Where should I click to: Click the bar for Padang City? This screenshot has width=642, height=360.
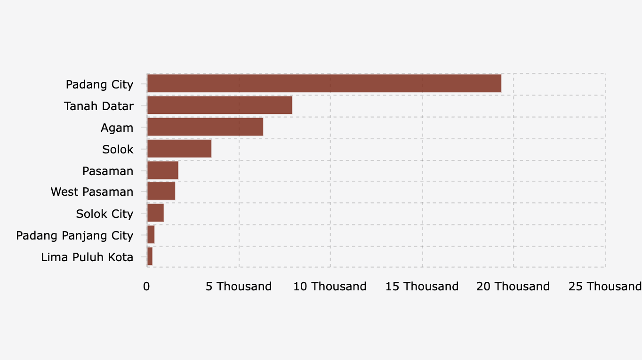pyautogui.click(x=324, y=84)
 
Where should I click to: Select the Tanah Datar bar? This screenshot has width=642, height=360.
pyautogui.click(x=219, y=105)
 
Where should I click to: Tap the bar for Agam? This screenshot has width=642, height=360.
pyautogui.click(x=205, y=127)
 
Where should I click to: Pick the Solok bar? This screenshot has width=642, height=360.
pyautogui.click(x=179, y=149)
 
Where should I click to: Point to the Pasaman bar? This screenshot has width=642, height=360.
pyautogui.click(x=162, y=170)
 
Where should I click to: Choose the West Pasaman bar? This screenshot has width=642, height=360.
pyautogui.click(x=161, y=192)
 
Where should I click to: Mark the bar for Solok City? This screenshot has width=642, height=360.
pyautogui.click(x=155, y=213)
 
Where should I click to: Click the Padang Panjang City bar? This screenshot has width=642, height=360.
pyautogui.click(x=151, y=235)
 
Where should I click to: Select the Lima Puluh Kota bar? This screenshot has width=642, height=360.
pyautogui.click(x=150, y=256)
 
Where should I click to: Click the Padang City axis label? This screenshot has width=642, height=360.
pyautogui.click(x=99, y=85)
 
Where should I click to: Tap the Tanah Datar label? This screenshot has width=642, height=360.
pyautogui.click(x=98, y=106)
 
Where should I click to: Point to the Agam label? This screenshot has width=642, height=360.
pyautogui.click(x=117, y=128)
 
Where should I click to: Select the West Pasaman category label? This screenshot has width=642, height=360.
pyautogui.click(x=92, y=192)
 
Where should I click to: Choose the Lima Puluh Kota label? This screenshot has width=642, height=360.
pyautogui.click(x=87, y=257)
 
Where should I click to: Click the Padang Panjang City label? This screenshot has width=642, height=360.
pyautogui.click(x=74, y=235)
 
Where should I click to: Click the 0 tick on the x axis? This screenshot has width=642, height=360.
pyautogui.click(x=146, y=287)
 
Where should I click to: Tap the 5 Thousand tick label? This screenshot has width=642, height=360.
pyautogui.click(x=239, y=287)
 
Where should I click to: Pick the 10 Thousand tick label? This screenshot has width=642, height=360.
pyautogui.click(x=329, y=287)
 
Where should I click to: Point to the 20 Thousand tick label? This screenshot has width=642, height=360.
pyautogui.click(x=513, y=287)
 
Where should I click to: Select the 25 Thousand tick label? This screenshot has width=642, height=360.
pyautogui.click(x=604, y=287)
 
